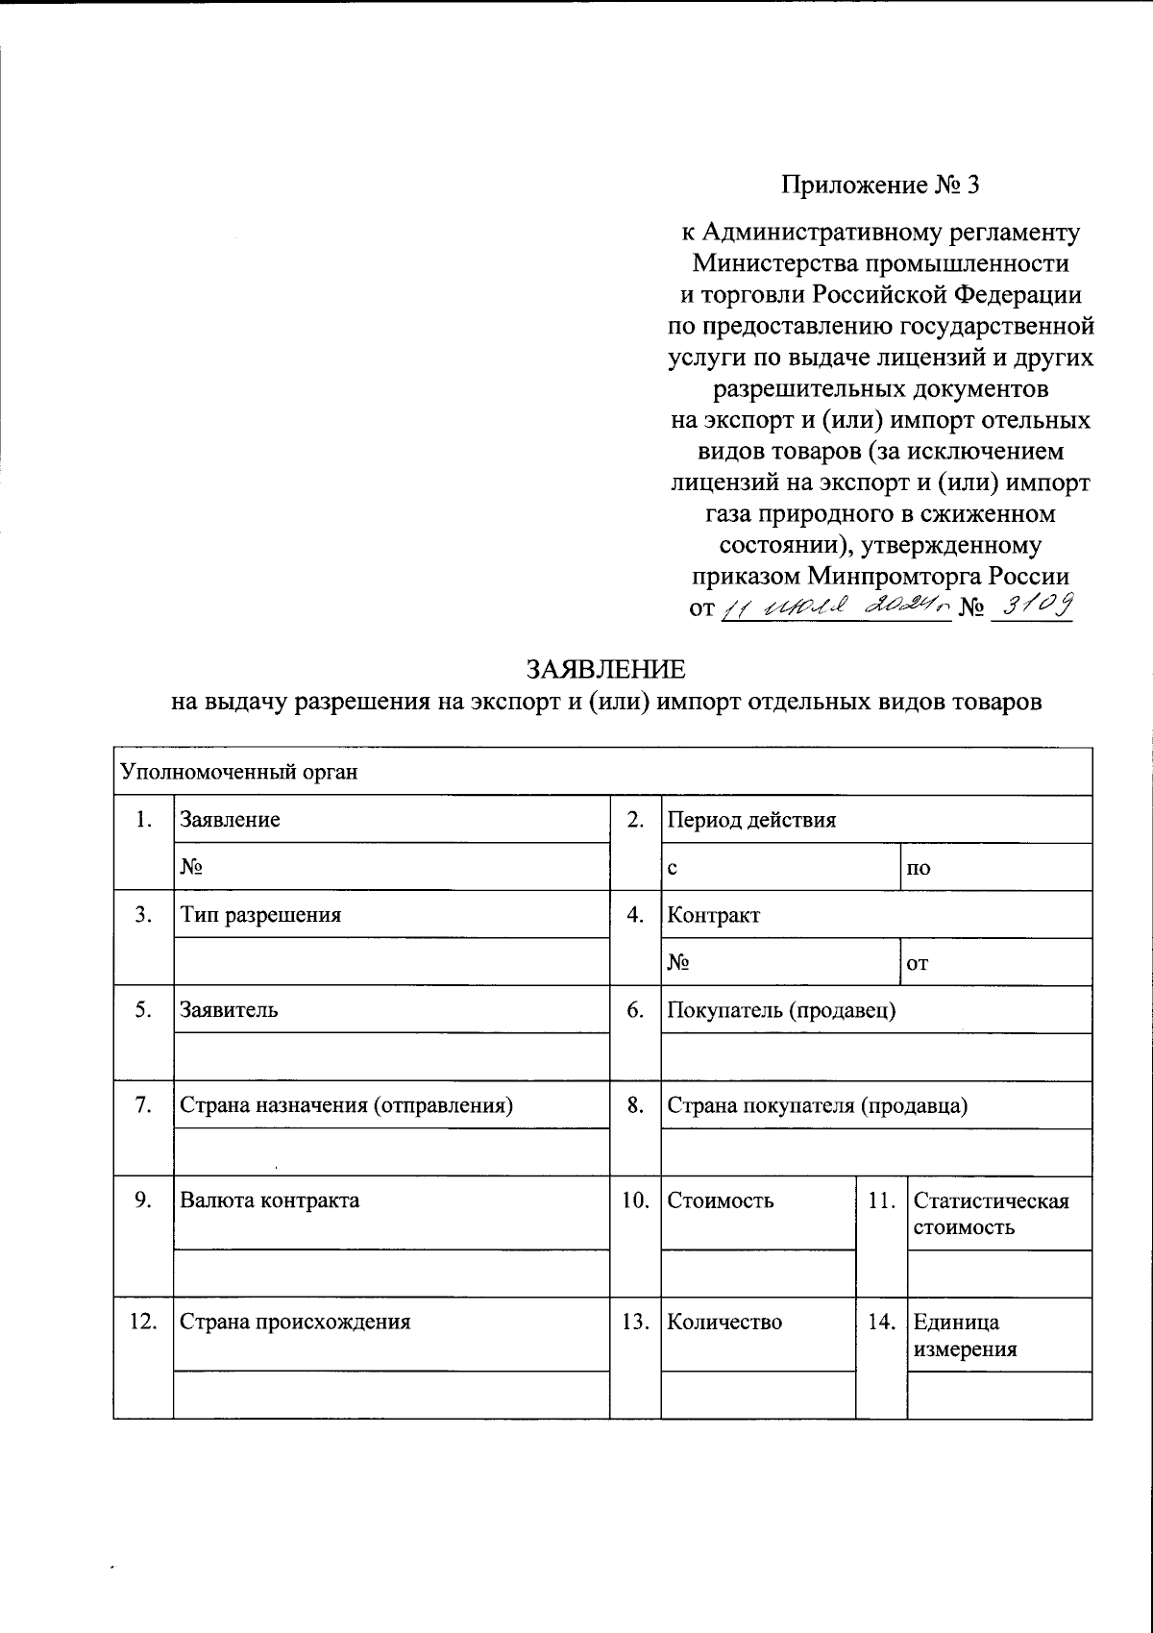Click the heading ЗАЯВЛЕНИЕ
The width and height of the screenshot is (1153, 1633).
605,668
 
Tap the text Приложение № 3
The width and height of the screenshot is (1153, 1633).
879,185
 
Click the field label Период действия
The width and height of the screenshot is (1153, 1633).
751,820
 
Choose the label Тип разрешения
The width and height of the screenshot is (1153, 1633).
260,914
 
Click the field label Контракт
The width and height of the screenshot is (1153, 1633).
713,915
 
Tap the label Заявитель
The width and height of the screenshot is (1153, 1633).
230,1009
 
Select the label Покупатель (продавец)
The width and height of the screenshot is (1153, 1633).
781,1009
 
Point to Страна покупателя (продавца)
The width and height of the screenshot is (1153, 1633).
817,1105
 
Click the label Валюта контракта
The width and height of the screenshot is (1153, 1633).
270,1200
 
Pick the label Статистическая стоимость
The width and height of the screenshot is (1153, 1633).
991,1213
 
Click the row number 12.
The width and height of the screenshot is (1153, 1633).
143,1321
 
